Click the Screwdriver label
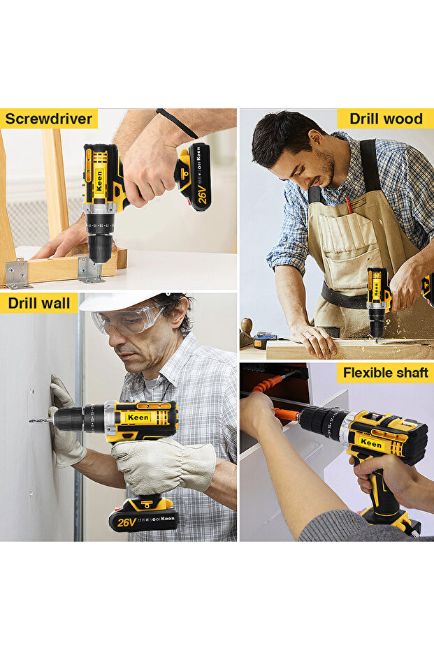point(48,119)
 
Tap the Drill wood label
point(386,119)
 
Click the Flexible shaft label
point(384,373)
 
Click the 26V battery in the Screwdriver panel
point(194,177)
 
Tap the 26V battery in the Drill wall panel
point(143,515)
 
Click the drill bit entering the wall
point(41,420)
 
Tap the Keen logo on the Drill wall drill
point(138,418)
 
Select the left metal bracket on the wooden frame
point(17,273)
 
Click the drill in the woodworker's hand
point(378,301)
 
